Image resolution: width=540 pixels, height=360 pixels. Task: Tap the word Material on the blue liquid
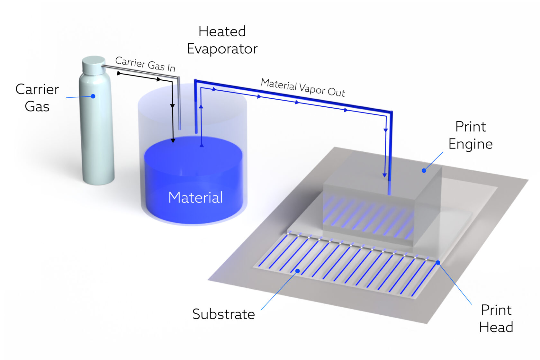click(x=195, y=197)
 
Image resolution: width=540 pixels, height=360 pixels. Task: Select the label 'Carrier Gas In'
click(x=145, y=64)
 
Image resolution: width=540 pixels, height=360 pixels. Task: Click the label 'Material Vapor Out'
click(x=303, y=88)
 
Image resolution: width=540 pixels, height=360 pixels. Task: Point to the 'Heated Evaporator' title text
click(x=222, y=40)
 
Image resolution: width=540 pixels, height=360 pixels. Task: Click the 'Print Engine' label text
click(x=471, y=135)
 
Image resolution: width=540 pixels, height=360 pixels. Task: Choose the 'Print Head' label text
click(x=496, y=319)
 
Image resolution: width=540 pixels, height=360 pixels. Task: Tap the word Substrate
click(x=223, y=314)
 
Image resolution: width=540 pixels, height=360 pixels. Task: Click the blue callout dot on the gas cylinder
click(x=93, y=96)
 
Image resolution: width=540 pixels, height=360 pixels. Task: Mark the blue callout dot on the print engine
click(x=424, y=171)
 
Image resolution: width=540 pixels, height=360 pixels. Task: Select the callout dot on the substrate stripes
click(x=298, y=271)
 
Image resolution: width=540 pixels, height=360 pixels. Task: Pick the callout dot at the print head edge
click(x=438, y=263)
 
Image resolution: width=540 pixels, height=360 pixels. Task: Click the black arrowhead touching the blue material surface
click(x=173, y=140)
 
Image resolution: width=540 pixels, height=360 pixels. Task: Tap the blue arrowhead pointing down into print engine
click(x=384, y=175)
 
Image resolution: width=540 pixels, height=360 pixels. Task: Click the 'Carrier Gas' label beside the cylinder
click(x=37, y=98)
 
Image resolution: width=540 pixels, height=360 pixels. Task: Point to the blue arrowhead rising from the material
click(x=202, y=145)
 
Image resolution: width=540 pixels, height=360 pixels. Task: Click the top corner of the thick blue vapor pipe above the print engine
click(x=391, y=113)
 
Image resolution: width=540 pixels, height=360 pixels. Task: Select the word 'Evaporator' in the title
click(x=222, y=49)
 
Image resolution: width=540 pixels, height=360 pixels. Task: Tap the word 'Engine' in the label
click(x=471, y=144)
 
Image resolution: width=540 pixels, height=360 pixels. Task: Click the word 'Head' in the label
click(x=496, y=327)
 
